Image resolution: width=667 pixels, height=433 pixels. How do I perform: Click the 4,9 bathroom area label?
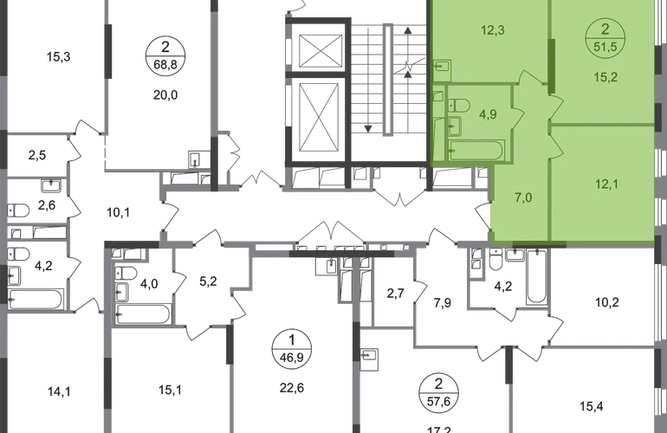point(489,111)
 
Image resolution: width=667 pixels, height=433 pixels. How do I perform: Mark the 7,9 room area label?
point(444,303)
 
